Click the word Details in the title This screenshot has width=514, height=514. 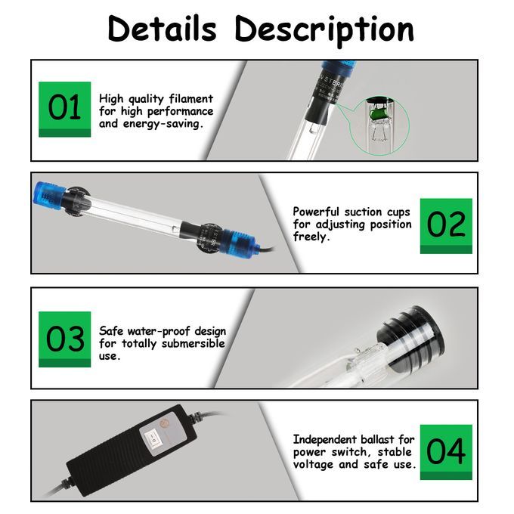163,29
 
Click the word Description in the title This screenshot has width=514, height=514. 324,31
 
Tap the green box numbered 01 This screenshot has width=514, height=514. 64,109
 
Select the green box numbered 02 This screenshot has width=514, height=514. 446,226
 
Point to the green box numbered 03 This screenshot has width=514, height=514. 64,339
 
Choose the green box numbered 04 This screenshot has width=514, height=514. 446,452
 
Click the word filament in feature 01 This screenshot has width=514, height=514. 191,98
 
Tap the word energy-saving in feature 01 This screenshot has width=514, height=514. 163,124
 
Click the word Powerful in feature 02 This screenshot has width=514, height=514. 316,212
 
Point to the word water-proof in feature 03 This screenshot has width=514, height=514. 159,331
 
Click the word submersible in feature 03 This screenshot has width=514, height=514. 194,343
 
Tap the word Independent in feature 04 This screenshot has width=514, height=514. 325,439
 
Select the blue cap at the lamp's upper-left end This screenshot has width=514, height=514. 48,196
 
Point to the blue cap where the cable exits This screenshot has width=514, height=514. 238,244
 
